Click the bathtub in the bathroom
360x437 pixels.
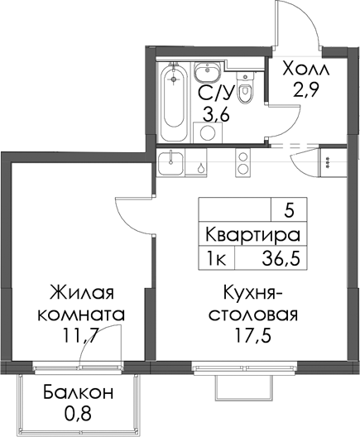[x=174, y=103]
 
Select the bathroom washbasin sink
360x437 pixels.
[x=207, y=72]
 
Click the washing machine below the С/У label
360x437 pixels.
[x=208, y=132]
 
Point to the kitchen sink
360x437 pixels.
[x=170, y=163]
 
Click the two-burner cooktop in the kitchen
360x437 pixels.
[x=243, y=162]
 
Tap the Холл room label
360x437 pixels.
[x=305, y=69]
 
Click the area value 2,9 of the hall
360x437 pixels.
[x=305, y=90]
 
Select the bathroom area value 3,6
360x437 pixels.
[x=216, y=114]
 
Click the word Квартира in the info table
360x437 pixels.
[x=252, y=235]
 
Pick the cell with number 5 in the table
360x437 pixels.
[x=289, y=210]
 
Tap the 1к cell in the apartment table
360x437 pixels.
[x=217, y=258]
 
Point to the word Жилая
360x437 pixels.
[x=81, y=293]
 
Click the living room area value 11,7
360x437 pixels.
[x=80, y=337]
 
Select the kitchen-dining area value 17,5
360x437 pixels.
[x=252, y=336]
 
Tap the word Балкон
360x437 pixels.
[x=79, y=392]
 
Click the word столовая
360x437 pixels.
[x=253, y=315]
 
